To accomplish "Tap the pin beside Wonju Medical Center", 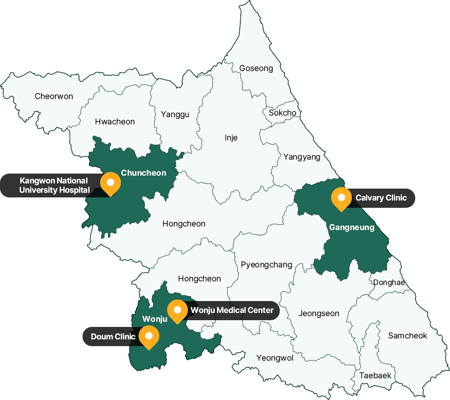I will tap(178, 310).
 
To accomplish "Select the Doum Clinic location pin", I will tap(149, 336).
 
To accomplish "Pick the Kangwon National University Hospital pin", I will tap(110, 183).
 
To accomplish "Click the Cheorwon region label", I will tap(54, 96).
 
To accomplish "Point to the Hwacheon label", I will tap(115, 122).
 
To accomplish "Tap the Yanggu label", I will tap(175, 115).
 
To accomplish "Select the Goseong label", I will tap(256, 68).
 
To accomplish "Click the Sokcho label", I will tap(282, 113).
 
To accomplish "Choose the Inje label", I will tap(231, 137).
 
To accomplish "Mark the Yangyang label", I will tap(302, 156).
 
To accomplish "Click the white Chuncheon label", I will tap(143, 173).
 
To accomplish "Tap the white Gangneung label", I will tap(351, 227).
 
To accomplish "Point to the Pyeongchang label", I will tap(267, 265).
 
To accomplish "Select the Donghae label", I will tap(388, 282).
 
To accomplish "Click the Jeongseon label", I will tap(319, 313).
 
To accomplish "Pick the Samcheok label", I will tap(407, 336).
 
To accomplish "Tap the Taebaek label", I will tap(375, 375).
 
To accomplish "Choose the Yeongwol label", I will tap(275, 358).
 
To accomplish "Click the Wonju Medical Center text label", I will tap(231, 310).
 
